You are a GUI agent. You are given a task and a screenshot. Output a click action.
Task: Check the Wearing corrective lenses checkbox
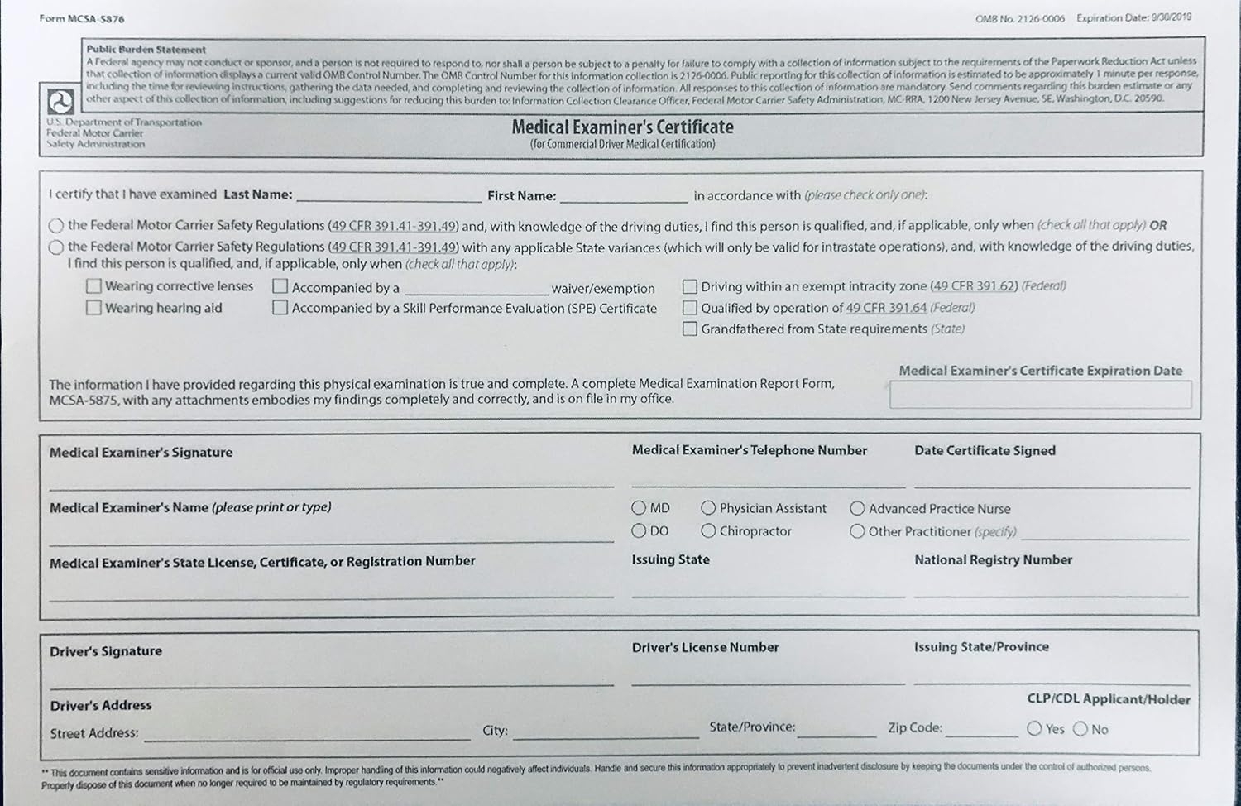click(x=93, y=286)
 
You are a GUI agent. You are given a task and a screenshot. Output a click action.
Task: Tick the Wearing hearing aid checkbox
click(x=93, y=308)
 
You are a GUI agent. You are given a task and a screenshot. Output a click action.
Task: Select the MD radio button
click(x=639, y=508)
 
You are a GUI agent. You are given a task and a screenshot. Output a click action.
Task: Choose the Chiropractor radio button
click(x=708, y=530)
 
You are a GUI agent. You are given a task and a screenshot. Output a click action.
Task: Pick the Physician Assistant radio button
click(x=708, y=508)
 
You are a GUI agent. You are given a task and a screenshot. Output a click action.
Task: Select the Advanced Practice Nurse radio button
click(x=857, y=509)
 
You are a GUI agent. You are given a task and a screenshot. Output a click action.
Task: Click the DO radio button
click(x=639, y=530)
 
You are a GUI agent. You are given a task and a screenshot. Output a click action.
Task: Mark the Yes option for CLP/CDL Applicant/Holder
click(x=1034, y=729)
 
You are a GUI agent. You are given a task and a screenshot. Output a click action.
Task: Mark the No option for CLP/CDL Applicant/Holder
click(x=1080, y=729)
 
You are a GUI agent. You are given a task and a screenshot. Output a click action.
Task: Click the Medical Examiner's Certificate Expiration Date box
click(x=1040, y=395)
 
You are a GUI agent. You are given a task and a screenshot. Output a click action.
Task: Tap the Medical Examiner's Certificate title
click(x=622, y=127)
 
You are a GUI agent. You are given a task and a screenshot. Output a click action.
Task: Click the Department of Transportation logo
click(x=60, y=102)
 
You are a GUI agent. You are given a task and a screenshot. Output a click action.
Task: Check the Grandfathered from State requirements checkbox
click(x=689, y=329)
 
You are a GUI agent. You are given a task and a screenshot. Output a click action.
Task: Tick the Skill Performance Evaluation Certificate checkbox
click(x=280, y=308)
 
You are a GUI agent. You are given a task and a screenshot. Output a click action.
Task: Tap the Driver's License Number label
click(x=705, y=648)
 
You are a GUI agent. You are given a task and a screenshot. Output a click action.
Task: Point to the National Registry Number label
click(x=993, y=560)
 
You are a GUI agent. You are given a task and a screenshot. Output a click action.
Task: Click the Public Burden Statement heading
click(x=146, y=50)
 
